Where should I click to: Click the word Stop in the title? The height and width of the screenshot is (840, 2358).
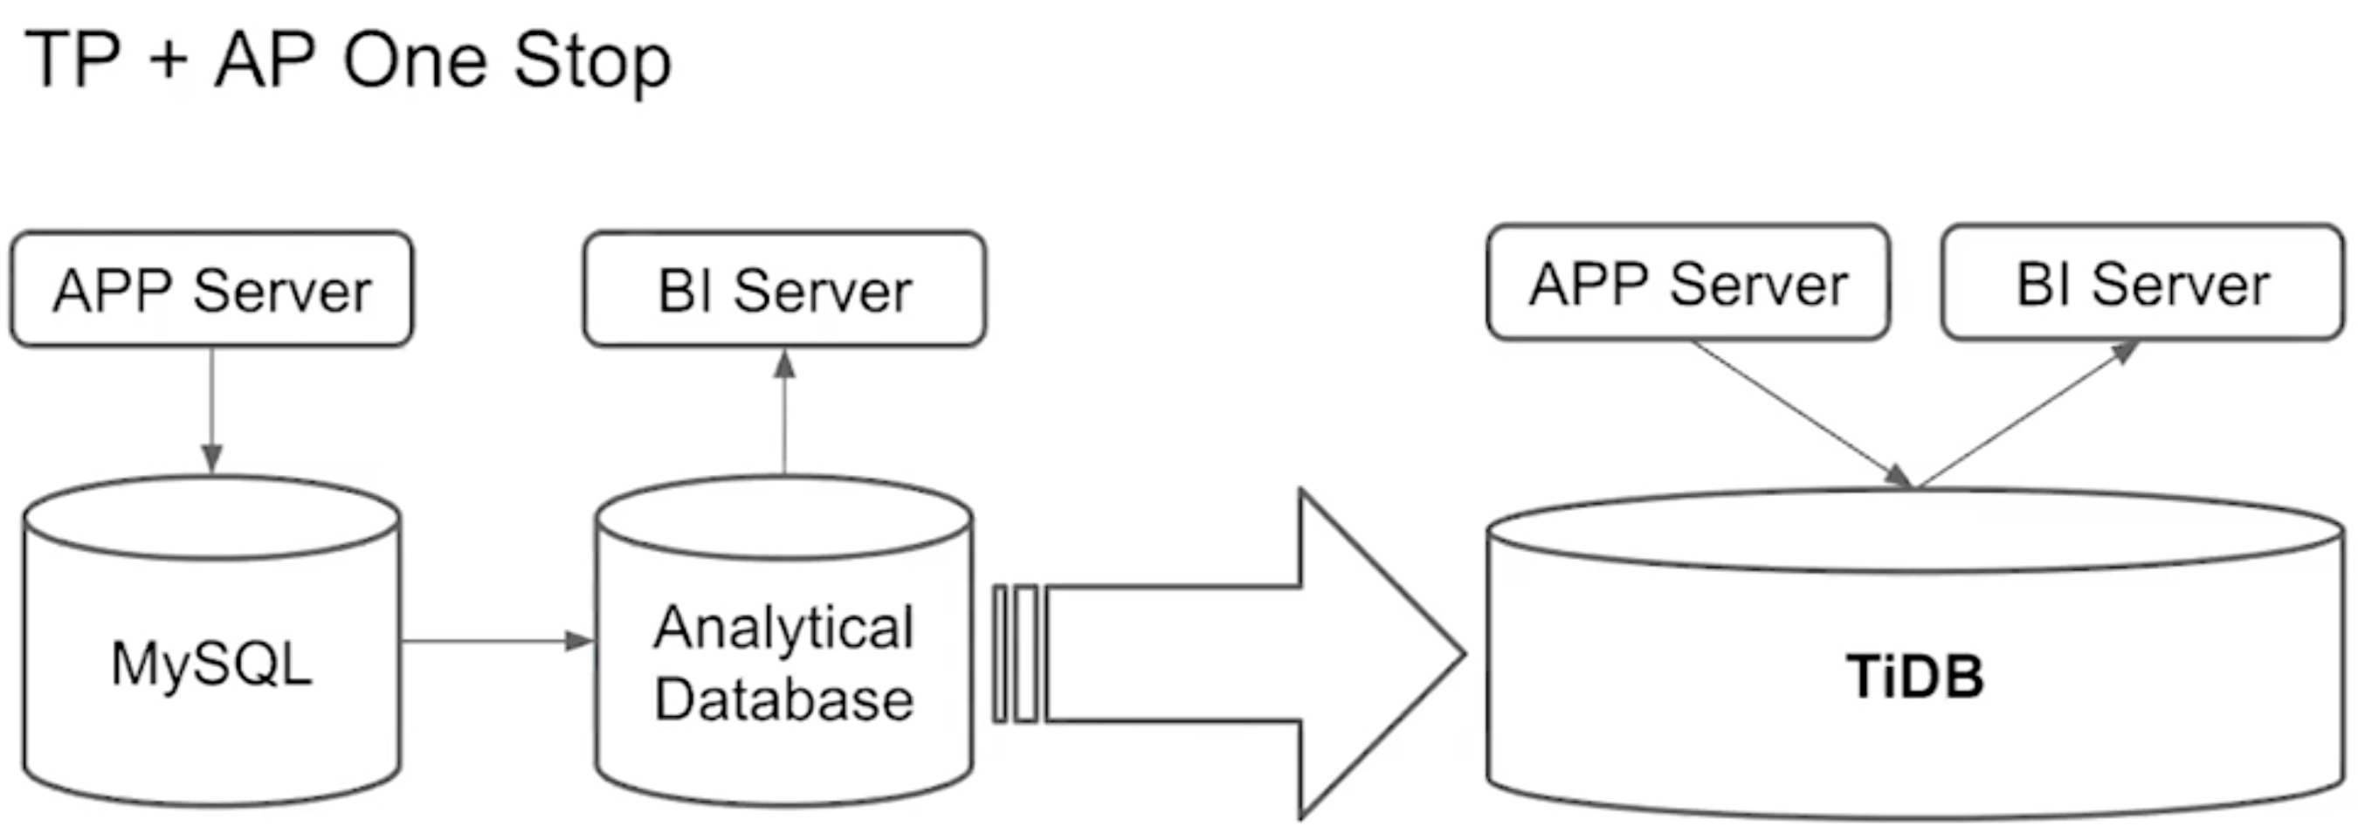point(592,61)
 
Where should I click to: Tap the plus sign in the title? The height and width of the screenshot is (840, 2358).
point(167,63)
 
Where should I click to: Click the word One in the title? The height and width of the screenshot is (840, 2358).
point(414,61)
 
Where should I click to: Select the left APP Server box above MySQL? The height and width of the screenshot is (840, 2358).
point(211,289)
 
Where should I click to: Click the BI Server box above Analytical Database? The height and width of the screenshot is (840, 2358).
point(784,289)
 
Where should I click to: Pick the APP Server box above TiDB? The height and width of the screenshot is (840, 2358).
point(1688,283)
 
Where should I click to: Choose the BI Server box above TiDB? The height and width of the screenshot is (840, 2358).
point(2142,283)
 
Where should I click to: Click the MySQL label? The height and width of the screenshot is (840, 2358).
point(211,664)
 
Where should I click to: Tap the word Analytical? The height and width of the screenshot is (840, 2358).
point(784,629)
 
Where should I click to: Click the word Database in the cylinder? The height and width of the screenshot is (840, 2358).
point(784,700)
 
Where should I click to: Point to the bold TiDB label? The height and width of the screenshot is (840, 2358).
point(1915,677)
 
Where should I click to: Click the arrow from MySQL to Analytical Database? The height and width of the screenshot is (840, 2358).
point(498,641)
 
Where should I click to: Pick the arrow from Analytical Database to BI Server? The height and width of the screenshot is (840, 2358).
point(784,411)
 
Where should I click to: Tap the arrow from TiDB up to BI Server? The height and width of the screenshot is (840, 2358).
point(2029,415)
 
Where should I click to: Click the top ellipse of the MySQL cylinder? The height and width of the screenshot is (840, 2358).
point(211,517)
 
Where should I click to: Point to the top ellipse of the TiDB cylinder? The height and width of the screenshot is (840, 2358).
point(1915,530)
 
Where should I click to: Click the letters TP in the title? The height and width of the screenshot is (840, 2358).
point(72,60)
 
